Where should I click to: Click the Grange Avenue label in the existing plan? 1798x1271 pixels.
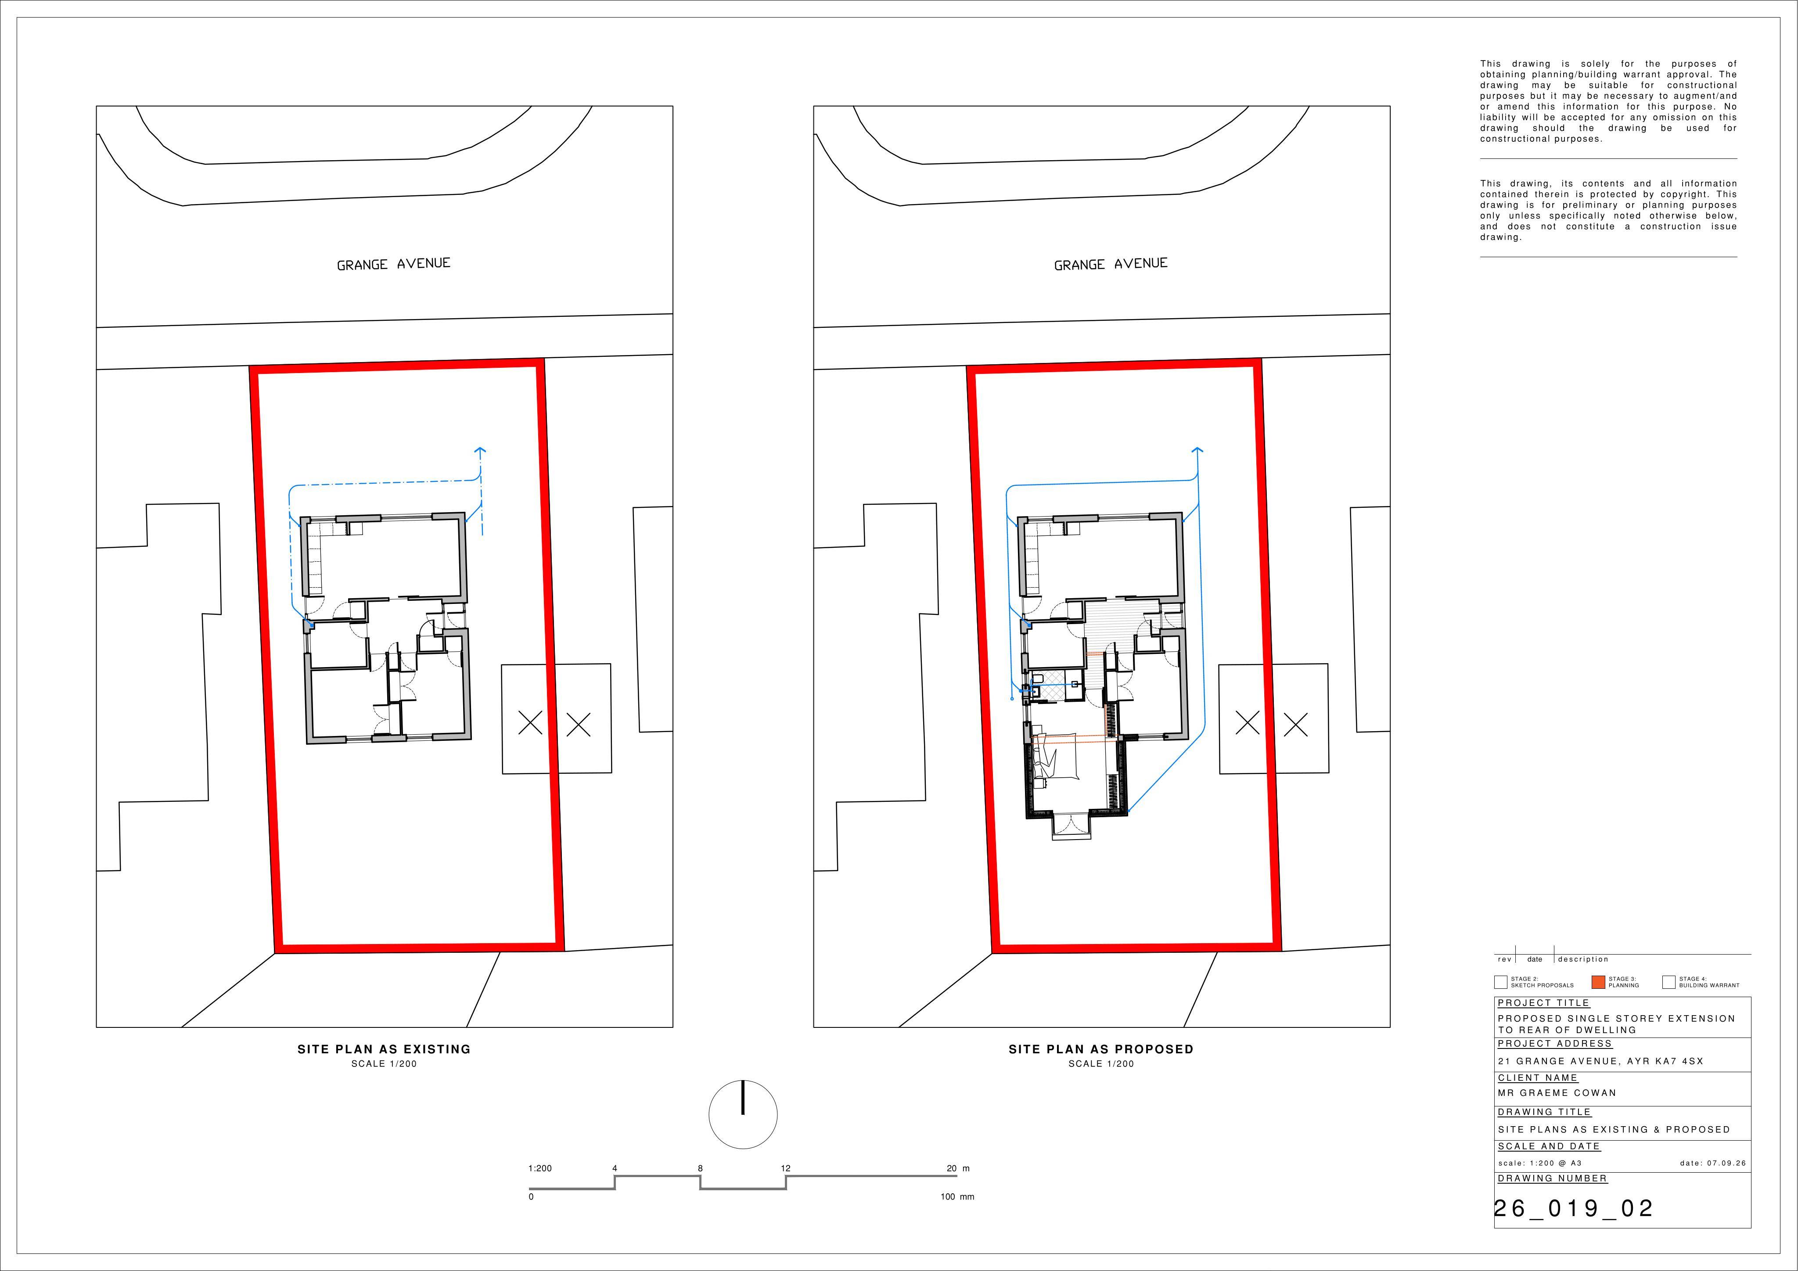[393, 264]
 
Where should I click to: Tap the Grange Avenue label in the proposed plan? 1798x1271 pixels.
[1111, 264]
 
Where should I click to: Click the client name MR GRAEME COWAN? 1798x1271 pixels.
[1557, 1092]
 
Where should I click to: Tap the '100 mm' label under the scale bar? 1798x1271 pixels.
[957, 1196]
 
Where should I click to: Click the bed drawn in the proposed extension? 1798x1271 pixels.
[1057, 757]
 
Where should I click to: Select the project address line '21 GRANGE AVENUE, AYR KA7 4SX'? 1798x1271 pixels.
[1600, 1061]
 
